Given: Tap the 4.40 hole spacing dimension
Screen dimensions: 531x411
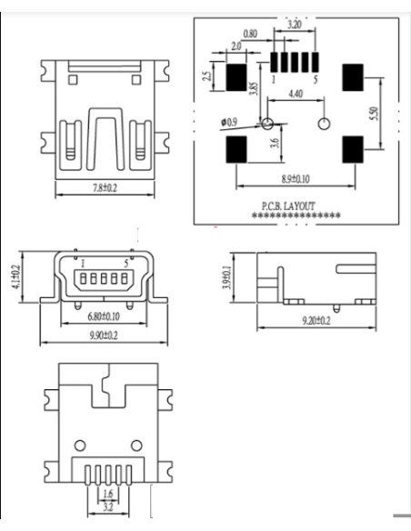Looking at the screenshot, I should (296, 93).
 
